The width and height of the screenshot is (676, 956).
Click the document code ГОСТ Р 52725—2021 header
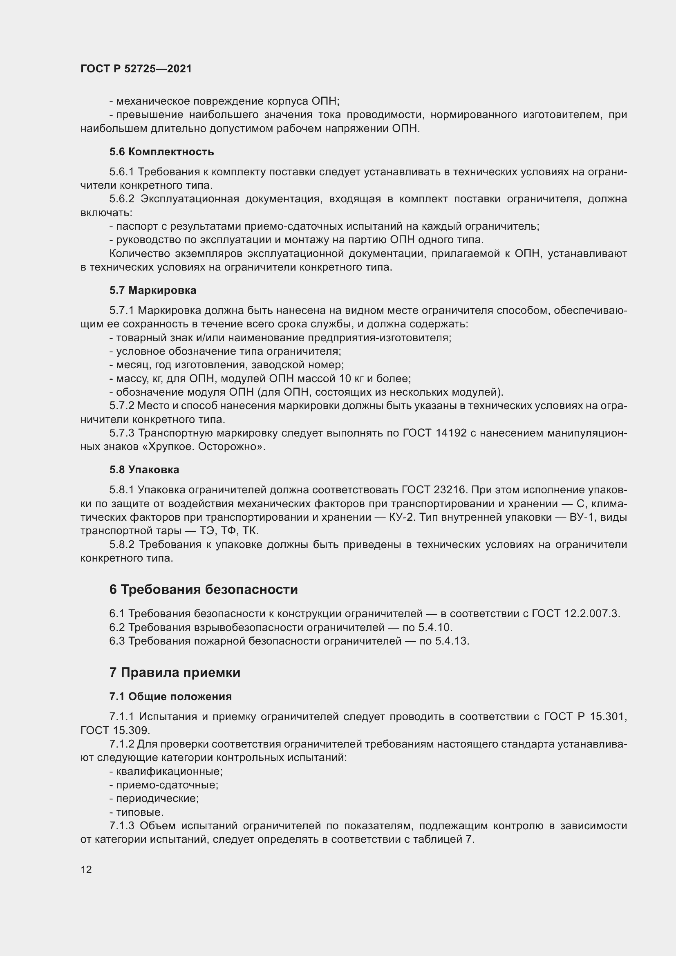136,69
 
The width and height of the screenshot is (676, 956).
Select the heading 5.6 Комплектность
161,152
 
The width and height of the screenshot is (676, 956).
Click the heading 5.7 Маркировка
153,290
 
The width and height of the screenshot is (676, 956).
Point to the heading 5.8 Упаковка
144,470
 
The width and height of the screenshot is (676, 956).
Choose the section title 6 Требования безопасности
204,589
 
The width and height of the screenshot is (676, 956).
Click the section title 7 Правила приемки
175,672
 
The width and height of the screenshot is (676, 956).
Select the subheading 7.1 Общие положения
171,696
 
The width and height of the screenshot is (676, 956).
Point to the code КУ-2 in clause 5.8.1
400,517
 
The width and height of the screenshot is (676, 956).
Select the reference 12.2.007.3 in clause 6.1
592,613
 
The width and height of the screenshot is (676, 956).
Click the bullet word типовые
139,812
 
